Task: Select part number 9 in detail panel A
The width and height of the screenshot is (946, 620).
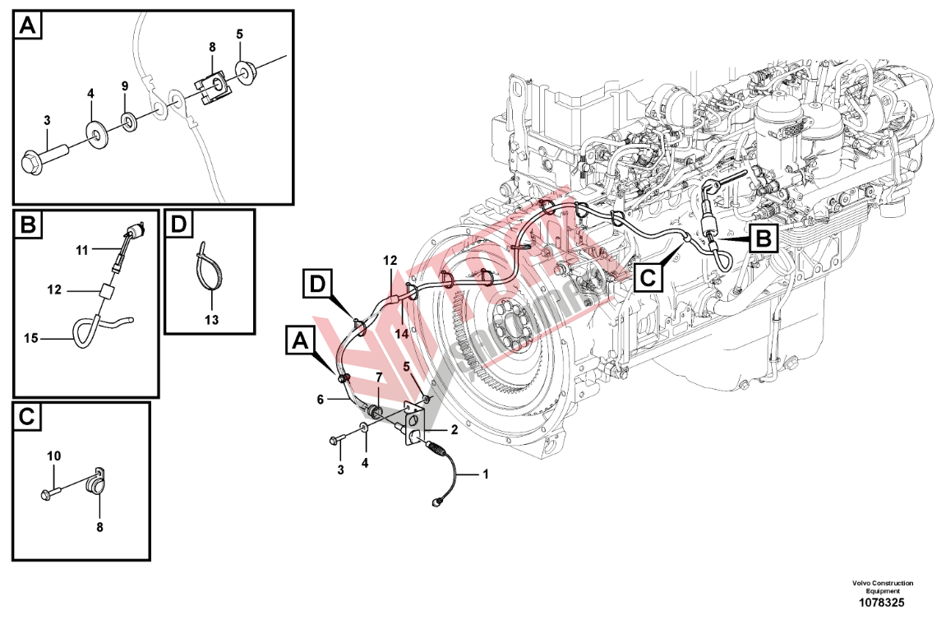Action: click(x=125, y=86)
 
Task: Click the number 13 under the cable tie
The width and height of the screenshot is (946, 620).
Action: click(x=211, y=319)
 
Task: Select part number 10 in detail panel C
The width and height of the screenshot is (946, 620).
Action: click(x=53, y=456)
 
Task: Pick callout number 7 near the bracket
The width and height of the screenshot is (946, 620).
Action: click(x=379, y=377)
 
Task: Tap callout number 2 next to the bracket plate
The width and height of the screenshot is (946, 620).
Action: click(x=453, y=429)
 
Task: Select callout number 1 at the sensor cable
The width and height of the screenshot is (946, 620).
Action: click(x=484, y=474)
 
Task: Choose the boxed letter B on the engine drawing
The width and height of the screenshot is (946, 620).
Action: click(x=762, y=239)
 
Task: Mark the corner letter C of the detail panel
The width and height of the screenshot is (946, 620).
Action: click(x=26, y=417)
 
